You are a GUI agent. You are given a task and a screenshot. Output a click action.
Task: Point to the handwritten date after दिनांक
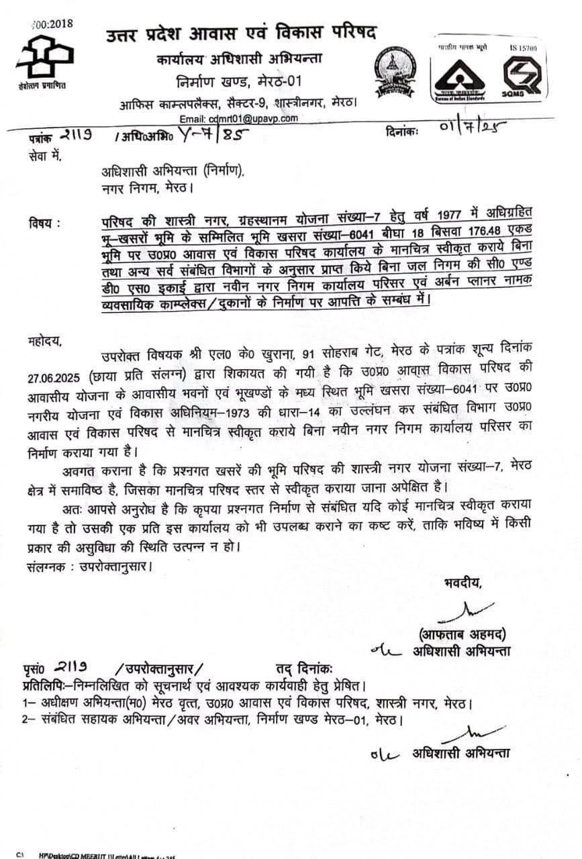click(464, 128)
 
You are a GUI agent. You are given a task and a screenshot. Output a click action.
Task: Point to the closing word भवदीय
click(463, 583)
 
